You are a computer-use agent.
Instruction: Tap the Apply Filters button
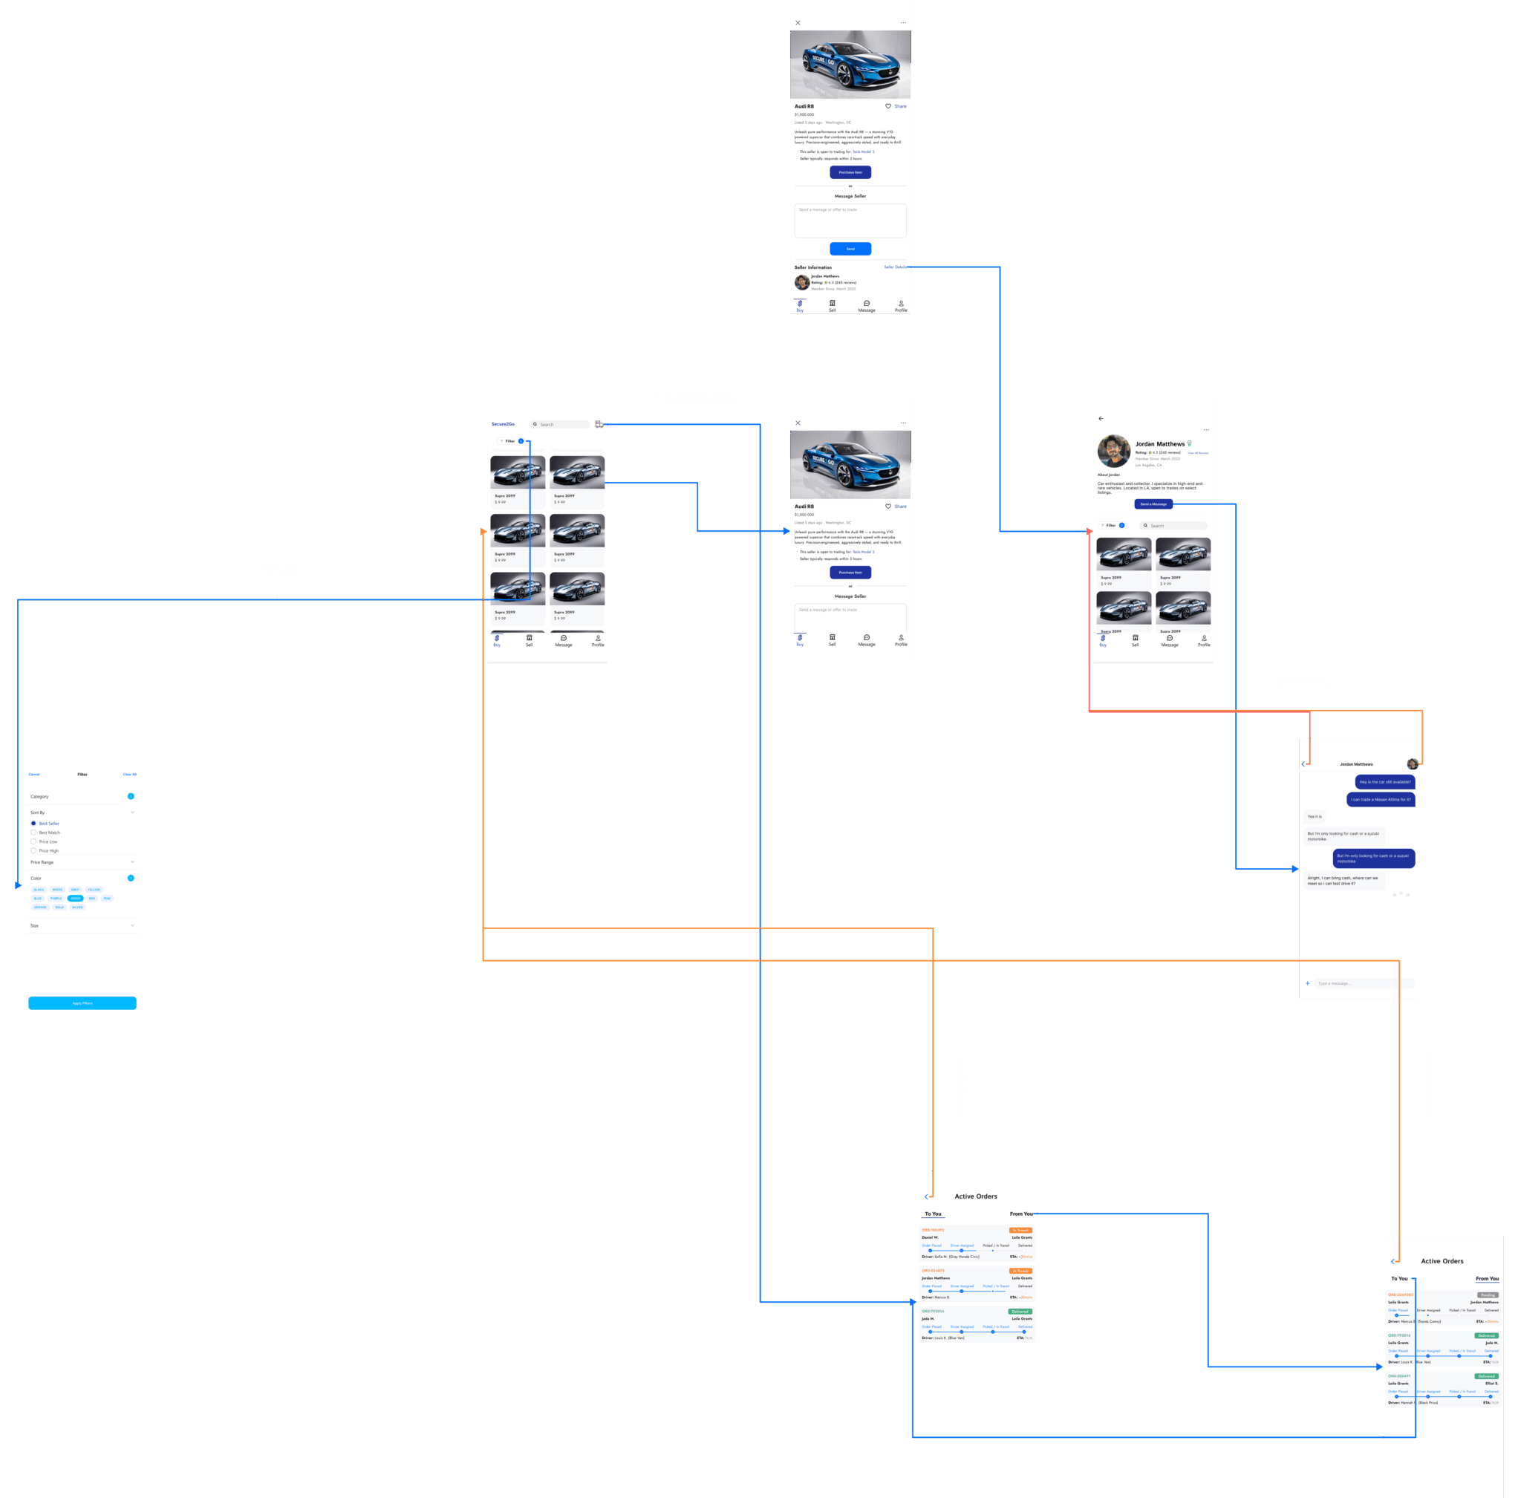pos(82,1003)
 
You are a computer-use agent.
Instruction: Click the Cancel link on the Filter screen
pos(34,774)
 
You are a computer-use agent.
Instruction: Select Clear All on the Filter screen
pos(129,774)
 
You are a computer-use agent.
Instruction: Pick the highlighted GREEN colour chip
pos(76,899)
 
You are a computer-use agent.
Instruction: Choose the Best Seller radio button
pos(33,824)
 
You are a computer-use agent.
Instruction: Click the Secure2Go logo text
pos(503,424)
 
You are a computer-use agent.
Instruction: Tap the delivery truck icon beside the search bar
pos(599,424)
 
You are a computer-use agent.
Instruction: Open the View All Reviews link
pos(1198,453)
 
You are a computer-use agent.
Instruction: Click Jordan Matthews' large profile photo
pos(1113,451)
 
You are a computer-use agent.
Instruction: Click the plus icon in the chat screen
pos(1308,983)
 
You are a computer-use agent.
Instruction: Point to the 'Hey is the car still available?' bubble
pos(1385,782)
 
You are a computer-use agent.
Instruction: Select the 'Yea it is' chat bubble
pos(1315,817)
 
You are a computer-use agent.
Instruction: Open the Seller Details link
pos(895,267)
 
